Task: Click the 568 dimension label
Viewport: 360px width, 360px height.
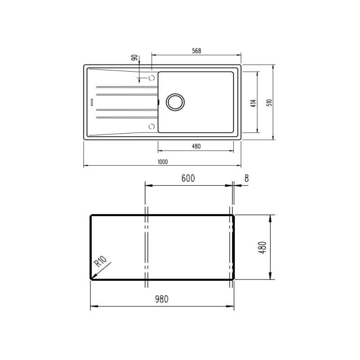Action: [x=197, y=51]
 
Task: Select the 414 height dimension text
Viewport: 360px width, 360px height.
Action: [x=253, y=103]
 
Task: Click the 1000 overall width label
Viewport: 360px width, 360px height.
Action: [x=162, y=162]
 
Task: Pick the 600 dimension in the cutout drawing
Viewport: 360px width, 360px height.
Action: [x=188, y=178]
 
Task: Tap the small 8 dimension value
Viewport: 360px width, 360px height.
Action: [x=247, y=178]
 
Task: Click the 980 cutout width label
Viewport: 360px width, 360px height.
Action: [x=162, y=299]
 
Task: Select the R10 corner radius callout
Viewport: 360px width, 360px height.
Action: [x=101, y=261]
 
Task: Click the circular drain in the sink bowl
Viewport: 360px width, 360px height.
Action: [x=175, y=102]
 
